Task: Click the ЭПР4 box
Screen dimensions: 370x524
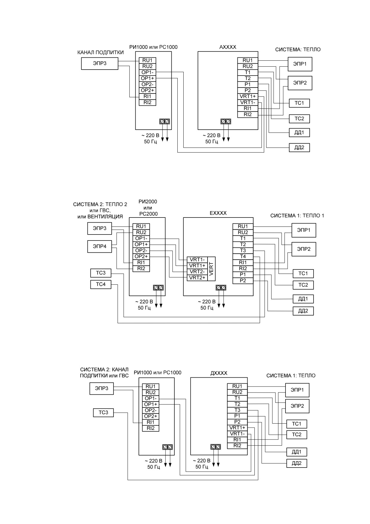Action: (x=99, y=247)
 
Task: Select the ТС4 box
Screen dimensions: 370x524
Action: (x=101, y=284)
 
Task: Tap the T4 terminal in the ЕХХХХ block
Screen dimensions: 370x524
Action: (x=243, y=256)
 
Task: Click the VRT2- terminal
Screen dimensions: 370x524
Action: (x=197, y=272)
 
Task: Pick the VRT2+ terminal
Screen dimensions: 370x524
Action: (x=197, y=278)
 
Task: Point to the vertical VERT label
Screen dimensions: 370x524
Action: (x=211, y=269)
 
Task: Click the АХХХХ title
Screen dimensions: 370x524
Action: (x=228, y=47)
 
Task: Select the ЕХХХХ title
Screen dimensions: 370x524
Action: (x=218, y=213)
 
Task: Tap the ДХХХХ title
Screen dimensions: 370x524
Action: (x=219, y=373)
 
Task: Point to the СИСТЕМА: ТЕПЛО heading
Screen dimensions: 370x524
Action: (x=298, y=50)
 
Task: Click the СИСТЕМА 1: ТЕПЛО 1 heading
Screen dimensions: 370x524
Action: (x=297, y=215)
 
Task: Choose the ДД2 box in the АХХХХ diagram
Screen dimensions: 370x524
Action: (x=299, y=148)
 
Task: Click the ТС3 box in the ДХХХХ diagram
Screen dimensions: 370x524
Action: (x=103, y=413)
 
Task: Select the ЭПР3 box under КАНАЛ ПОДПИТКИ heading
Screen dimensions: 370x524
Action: (x=100, y=63)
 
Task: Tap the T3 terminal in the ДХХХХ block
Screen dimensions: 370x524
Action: (x=237, y=410)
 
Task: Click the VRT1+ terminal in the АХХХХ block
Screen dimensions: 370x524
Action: (x=248, y=96)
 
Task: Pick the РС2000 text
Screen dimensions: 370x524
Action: (x=148, y=214)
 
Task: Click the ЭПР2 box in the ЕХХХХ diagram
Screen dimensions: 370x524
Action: (x=304, y=249)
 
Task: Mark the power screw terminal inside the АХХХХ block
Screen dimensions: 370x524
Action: (x=225, y=121)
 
